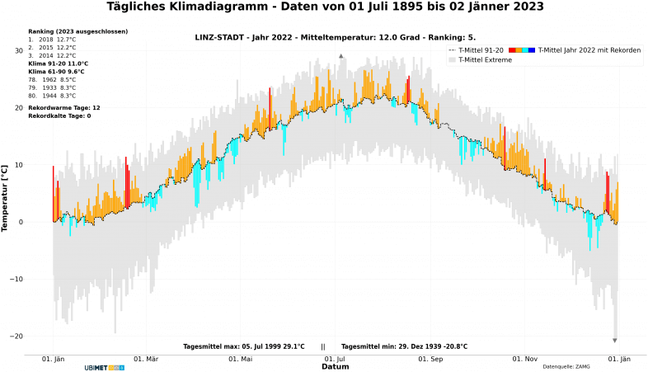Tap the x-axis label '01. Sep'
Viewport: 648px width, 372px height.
[430, 360]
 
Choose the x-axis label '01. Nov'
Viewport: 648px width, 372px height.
[524, 360]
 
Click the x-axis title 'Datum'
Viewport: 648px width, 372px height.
[336, 366]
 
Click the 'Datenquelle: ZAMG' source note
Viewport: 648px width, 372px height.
[567, 366]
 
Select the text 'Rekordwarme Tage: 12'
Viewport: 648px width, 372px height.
[64, 108]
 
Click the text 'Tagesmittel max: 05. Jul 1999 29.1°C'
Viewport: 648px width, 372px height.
[243, 346]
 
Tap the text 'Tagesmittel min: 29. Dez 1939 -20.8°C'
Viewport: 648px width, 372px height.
[404, 346]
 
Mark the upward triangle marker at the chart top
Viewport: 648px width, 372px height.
[341, 56]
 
